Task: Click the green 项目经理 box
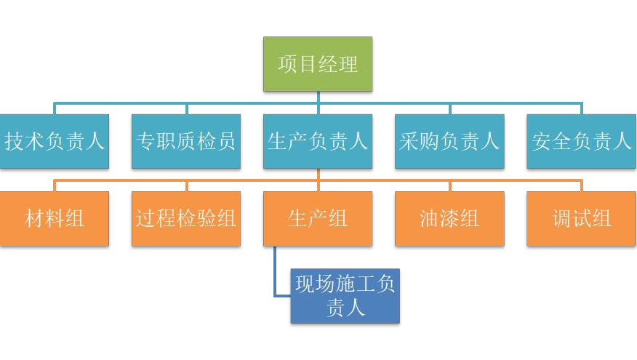[318, 64]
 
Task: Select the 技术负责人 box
[55, 141]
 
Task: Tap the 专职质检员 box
[186, 141]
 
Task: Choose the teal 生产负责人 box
[318, 141]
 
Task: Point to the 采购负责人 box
[449, 141]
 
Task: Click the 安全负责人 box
[581, 141]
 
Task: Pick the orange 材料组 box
[55, 218]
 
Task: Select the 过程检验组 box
[186, 218]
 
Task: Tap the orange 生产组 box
[318, 218]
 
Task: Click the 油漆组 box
[449, 218]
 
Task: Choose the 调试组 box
[581, 218]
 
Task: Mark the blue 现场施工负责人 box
[345, 296]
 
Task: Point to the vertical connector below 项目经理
[318, 97]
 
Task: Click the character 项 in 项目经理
[288, 64]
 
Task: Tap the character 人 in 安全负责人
[622, 141]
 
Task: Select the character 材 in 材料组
[35, 218]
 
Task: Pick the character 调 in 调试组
[561, 218]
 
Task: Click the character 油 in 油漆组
[430, 218]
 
